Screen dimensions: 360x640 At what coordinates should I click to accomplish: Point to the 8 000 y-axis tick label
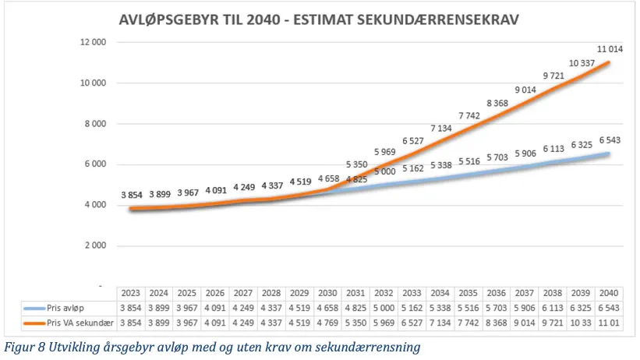(x=95, y=124)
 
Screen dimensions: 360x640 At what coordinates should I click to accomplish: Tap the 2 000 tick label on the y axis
(x=95, y=245)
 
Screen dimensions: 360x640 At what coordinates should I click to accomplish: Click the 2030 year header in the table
(x=327, y=293)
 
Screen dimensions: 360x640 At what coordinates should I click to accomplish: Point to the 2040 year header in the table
(x=609, y=293)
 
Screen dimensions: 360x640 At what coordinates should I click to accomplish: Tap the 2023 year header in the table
(x=130, y=293)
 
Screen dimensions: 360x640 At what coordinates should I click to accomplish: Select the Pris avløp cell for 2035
(x=469, y=308)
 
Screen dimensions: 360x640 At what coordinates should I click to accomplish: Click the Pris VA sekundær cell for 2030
(x=327, y=323)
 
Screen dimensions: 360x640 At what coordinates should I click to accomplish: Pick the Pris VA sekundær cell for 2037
(x=525, y=323)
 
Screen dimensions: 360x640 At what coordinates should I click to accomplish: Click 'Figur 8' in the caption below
(x=23, y=344)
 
